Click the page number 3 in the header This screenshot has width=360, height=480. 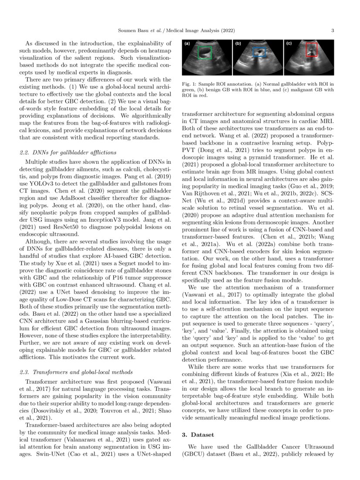pos(333,30)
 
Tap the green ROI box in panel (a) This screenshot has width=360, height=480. pos(205,53)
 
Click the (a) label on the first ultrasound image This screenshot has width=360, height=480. pos(186,44)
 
